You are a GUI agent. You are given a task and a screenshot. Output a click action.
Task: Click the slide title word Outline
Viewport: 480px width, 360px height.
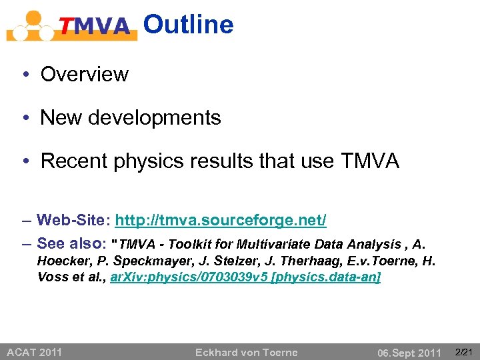tap(189, 25)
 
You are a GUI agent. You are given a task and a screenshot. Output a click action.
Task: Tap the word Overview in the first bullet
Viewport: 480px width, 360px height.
tap(84, 74)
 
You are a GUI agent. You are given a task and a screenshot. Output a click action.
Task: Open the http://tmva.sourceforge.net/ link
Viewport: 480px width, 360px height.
tap(221, 220)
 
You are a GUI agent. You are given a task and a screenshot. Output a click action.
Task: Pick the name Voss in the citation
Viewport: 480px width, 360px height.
tap(51, 277)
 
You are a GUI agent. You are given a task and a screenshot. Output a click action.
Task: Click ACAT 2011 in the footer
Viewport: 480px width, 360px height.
tap(34, 351)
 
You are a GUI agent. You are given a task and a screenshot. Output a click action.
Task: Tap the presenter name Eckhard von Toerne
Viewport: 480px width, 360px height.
tap(246, 352)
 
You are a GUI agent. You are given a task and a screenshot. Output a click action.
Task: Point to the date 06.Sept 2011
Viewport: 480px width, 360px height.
tap(409, 352)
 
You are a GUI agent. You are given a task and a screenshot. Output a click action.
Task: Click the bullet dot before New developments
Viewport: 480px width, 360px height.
tap(23, 119)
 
